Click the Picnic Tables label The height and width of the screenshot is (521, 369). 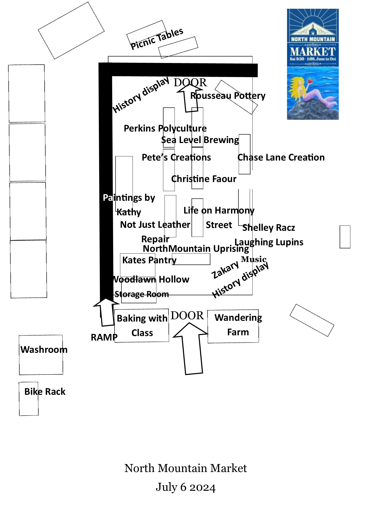(157, 39)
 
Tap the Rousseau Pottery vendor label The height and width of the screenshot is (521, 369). (228, 96)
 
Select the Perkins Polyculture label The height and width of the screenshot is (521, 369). (165, 128)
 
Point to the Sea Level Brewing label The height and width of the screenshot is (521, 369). (200, 140)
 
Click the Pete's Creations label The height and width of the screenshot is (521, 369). (176, 157)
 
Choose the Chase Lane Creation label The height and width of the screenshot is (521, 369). (281, 157)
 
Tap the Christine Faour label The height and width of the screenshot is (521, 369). (204, 179)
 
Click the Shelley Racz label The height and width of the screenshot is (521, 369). (269, 228)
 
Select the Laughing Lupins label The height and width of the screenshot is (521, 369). (269, 242)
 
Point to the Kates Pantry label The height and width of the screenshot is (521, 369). (149, 260)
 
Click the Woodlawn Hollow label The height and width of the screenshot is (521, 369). (151, 279)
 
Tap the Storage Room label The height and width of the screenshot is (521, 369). (142, 294)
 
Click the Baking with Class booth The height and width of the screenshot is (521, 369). (142, 325)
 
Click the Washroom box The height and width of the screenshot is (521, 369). (41, 355)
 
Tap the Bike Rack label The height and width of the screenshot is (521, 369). (45, 392)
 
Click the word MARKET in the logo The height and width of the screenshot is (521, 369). (313, 52)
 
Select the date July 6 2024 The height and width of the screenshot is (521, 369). (186, 487)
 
